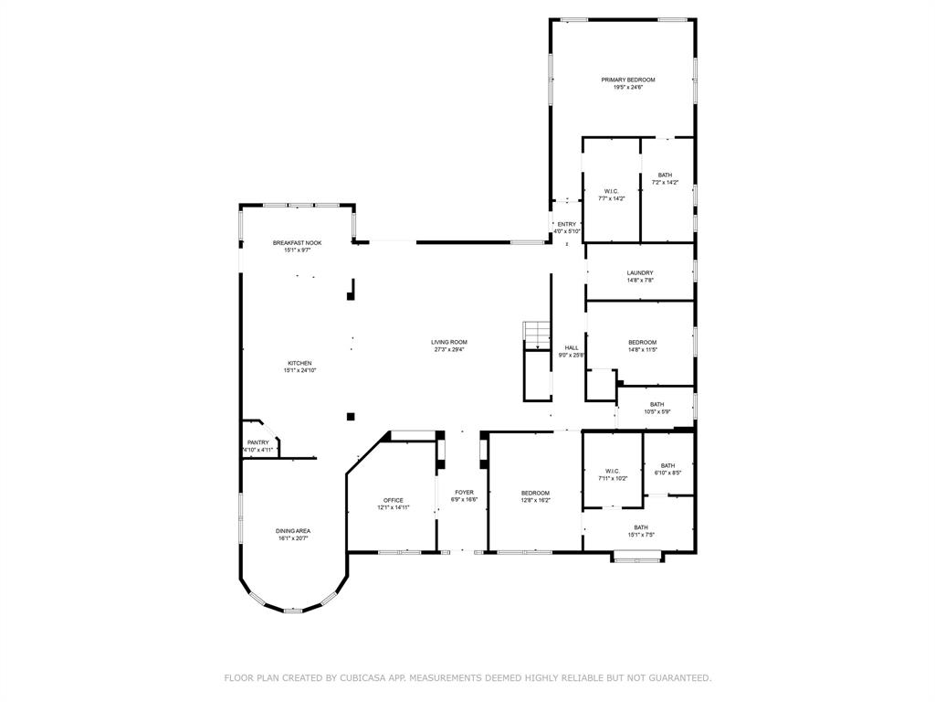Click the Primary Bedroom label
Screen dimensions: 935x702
[x=628, y=80]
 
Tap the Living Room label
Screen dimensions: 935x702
[x=449, y=342]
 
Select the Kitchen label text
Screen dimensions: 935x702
[x=299, y=363]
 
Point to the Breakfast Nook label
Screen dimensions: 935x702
[x=297, y=243]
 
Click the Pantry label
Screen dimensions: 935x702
[x=258, y=442]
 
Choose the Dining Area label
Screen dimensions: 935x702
[x=293, y=531]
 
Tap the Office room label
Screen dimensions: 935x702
[x=394, y=500]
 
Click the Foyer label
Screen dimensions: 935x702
[x=465, y=493]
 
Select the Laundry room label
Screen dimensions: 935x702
[x=640, y=272]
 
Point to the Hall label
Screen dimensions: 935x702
[x=572, y=347]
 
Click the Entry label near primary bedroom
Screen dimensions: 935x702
[x=566, y=224]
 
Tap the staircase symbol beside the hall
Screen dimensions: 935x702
[x=537, y=335]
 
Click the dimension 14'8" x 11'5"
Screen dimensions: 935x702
[x=642, y=350]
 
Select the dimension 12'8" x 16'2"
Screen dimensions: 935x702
[x=535, y=500]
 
